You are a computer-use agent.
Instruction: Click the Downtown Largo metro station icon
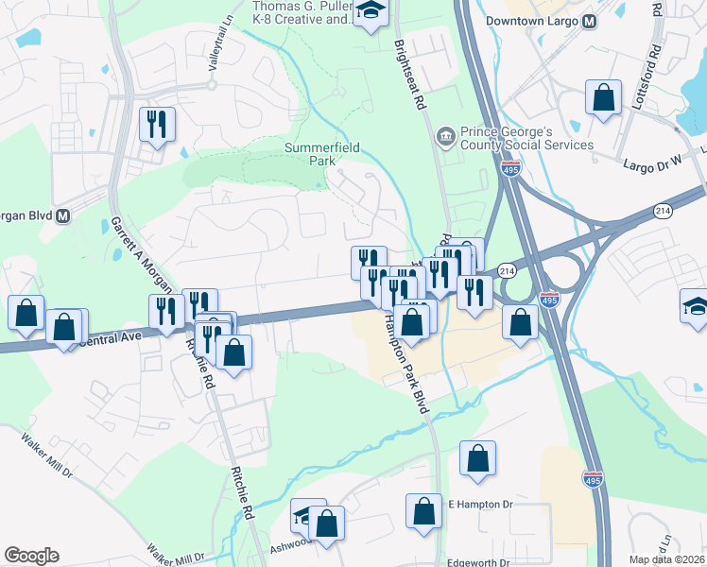point(590,22)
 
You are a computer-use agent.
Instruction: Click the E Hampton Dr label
point(479,505)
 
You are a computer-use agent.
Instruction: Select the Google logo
point(31,556)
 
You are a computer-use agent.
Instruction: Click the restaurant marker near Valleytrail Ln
point(157,123)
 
